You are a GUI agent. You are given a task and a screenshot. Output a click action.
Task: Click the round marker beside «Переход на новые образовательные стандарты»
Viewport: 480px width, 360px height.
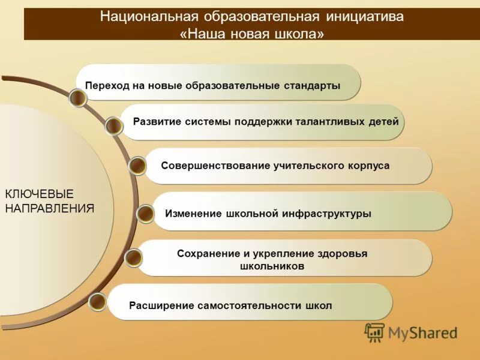click(77, 98)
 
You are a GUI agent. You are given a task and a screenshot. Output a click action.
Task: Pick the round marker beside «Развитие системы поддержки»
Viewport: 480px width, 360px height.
click(113, 126)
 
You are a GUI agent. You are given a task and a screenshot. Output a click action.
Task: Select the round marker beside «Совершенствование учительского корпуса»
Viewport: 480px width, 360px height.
click(137, 166)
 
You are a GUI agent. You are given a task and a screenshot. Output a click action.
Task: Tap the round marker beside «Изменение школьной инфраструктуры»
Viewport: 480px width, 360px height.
click(145, 214)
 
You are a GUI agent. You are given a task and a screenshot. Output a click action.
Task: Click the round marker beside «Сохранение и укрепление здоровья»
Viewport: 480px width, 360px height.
click(134, 258)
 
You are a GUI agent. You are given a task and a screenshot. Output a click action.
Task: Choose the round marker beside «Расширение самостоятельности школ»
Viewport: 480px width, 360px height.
click(97, 302)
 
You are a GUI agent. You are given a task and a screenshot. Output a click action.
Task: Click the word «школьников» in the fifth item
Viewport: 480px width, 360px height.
click(272, 266)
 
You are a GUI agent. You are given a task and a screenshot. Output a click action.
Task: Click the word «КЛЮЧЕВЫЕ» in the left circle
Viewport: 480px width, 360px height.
click(39, 194)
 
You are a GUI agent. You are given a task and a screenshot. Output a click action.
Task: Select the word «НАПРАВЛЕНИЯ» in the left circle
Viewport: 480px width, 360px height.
click(50, 209)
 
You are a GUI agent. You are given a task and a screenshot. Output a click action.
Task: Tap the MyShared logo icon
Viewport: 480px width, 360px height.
click(374, 332)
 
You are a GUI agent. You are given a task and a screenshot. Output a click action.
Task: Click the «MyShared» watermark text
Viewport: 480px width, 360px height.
click(422, 333)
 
